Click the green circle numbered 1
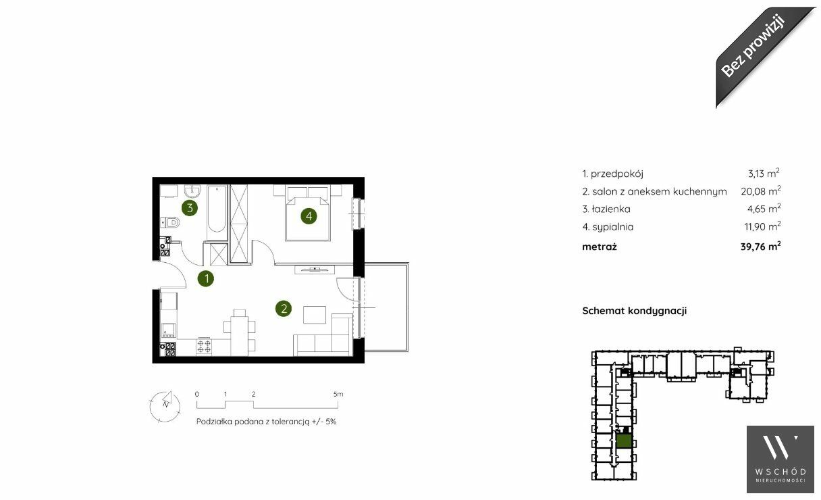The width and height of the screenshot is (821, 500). point(206,279)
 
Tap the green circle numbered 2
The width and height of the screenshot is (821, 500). point(284,309)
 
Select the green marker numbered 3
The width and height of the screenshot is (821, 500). point(190,208)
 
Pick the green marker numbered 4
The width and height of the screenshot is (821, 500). point(309,216)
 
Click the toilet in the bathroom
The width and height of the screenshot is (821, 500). point(170,222)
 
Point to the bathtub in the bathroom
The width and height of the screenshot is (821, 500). point(216,209)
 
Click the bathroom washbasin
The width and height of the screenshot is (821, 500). point(192,191)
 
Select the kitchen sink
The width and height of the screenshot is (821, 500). point(169,330)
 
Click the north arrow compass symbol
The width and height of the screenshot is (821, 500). point(165,406)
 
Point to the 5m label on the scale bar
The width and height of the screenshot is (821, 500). point(338,395)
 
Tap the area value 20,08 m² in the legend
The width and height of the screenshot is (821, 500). point(760,191)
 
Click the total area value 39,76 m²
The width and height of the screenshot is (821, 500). point(760,246)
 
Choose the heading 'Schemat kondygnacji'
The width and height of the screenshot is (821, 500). point(635,311)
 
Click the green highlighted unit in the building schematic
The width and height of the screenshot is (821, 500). point(624,441)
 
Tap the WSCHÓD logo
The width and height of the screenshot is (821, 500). point(780,459)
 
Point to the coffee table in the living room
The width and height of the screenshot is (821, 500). point(315,315)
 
